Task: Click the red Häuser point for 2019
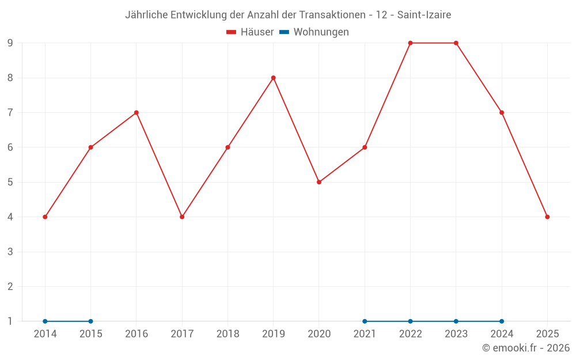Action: click(274, 78)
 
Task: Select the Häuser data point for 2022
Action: click(410, 43)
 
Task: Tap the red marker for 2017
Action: click(182, 217)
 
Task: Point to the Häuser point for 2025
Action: click(547, 217)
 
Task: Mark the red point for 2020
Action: click(319, 182)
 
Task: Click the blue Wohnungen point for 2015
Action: click(90, 321)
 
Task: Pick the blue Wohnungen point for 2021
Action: click(365, 321)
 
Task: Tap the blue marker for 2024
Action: click(502, 321)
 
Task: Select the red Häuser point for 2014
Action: click(45, 217)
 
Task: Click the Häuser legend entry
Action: click(251, 32)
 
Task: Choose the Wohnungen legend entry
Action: click(314, 32)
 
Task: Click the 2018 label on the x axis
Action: click(228, 334)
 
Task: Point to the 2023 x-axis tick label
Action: click(456, 334)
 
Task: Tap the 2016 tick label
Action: click(137, 334)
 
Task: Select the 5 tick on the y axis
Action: click(10, 182)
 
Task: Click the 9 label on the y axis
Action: click(10, 43)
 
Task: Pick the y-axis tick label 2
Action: click(10, 286)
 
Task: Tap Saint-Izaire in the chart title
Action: click(424, 14)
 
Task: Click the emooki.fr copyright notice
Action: click(526, 348)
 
